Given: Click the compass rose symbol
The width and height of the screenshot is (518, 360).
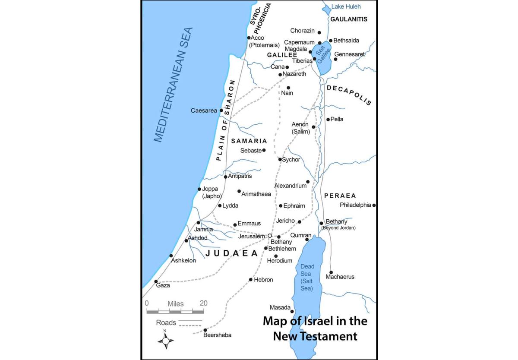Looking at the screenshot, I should (x=165, y=340).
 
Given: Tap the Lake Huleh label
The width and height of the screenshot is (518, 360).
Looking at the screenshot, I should (x=346, y=6).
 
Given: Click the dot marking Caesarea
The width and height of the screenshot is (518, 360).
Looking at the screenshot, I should (x=221, y=111).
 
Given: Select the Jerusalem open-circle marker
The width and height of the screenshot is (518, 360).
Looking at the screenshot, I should (x=270, y=236).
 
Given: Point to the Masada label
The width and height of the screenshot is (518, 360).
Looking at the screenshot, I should (x=280, y=307).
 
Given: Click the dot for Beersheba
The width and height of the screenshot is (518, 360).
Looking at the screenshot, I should (x=205, y=330).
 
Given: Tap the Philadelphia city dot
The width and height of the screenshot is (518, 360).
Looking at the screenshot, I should (x=374, y=205).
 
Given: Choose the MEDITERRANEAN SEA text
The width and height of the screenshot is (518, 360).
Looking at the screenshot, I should (x=173, y=85).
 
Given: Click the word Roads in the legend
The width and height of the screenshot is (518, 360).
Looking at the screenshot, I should (x=166, y=322).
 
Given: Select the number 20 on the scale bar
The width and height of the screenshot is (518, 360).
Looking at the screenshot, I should (x=203, y=303).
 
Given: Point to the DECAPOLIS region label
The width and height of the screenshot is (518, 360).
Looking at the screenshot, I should (x=349, y=95).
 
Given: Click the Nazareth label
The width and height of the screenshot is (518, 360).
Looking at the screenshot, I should (x=294, y=74).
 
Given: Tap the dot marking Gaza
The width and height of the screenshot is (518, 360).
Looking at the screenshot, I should (x=156, y=281).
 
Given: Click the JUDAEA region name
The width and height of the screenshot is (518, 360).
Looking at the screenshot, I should (x=232, y=253).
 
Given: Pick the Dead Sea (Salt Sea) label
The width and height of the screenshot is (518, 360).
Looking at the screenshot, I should (x=307, y=277).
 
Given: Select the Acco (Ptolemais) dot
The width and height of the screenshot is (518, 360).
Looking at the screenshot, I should (x=249, y=38).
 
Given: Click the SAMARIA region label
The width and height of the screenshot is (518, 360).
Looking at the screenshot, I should (x=249, y=141).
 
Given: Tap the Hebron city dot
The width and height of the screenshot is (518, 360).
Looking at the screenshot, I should (x=250, y=280).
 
